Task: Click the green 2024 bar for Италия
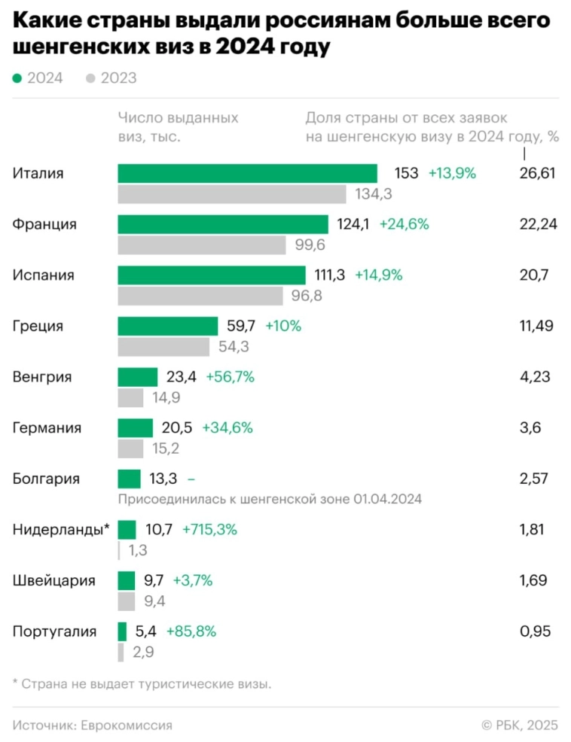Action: (x=247, y=173)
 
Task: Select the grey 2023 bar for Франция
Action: (x=202, y=245)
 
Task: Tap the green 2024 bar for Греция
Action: (x=168, y=326)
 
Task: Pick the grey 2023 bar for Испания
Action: (x=200, y=296)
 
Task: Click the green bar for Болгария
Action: (x=129, y=479)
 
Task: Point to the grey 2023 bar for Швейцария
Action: (x=127, y=601)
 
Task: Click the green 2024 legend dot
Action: (x=17, y=78)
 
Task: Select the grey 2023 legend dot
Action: (x=91, y=78)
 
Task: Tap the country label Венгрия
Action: (x=42, y=377)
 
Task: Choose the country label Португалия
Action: (x=54, y=631)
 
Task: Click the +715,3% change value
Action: (x=209, y=530)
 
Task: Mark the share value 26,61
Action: (x=537, y=173)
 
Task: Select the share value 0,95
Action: (x=536, y=631)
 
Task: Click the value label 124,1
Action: (x=353, y=224)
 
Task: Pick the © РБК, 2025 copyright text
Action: (x=520, y=725)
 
